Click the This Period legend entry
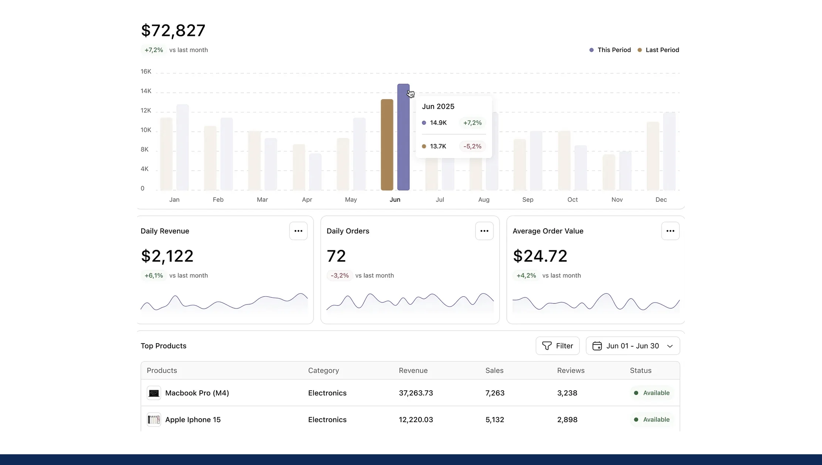coord(610,50)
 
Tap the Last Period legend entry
coord(659,50)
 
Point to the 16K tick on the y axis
coord(146,71)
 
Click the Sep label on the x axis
coord(528,200)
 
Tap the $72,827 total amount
coord(173,30)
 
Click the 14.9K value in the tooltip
coord(438,123)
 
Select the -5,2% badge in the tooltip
coord(472,146)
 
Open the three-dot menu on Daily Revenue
coord(298,231)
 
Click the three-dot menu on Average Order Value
coord(670,231)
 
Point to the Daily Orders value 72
coord(336,256)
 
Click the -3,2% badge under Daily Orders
coord(339,276)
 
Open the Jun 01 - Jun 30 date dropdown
coord(633,346)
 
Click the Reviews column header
coord(571,371)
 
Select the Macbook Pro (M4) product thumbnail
coord(154,393)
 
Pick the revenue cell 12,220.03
coord(416,419)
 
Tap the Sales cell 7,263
coord(495,393)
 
